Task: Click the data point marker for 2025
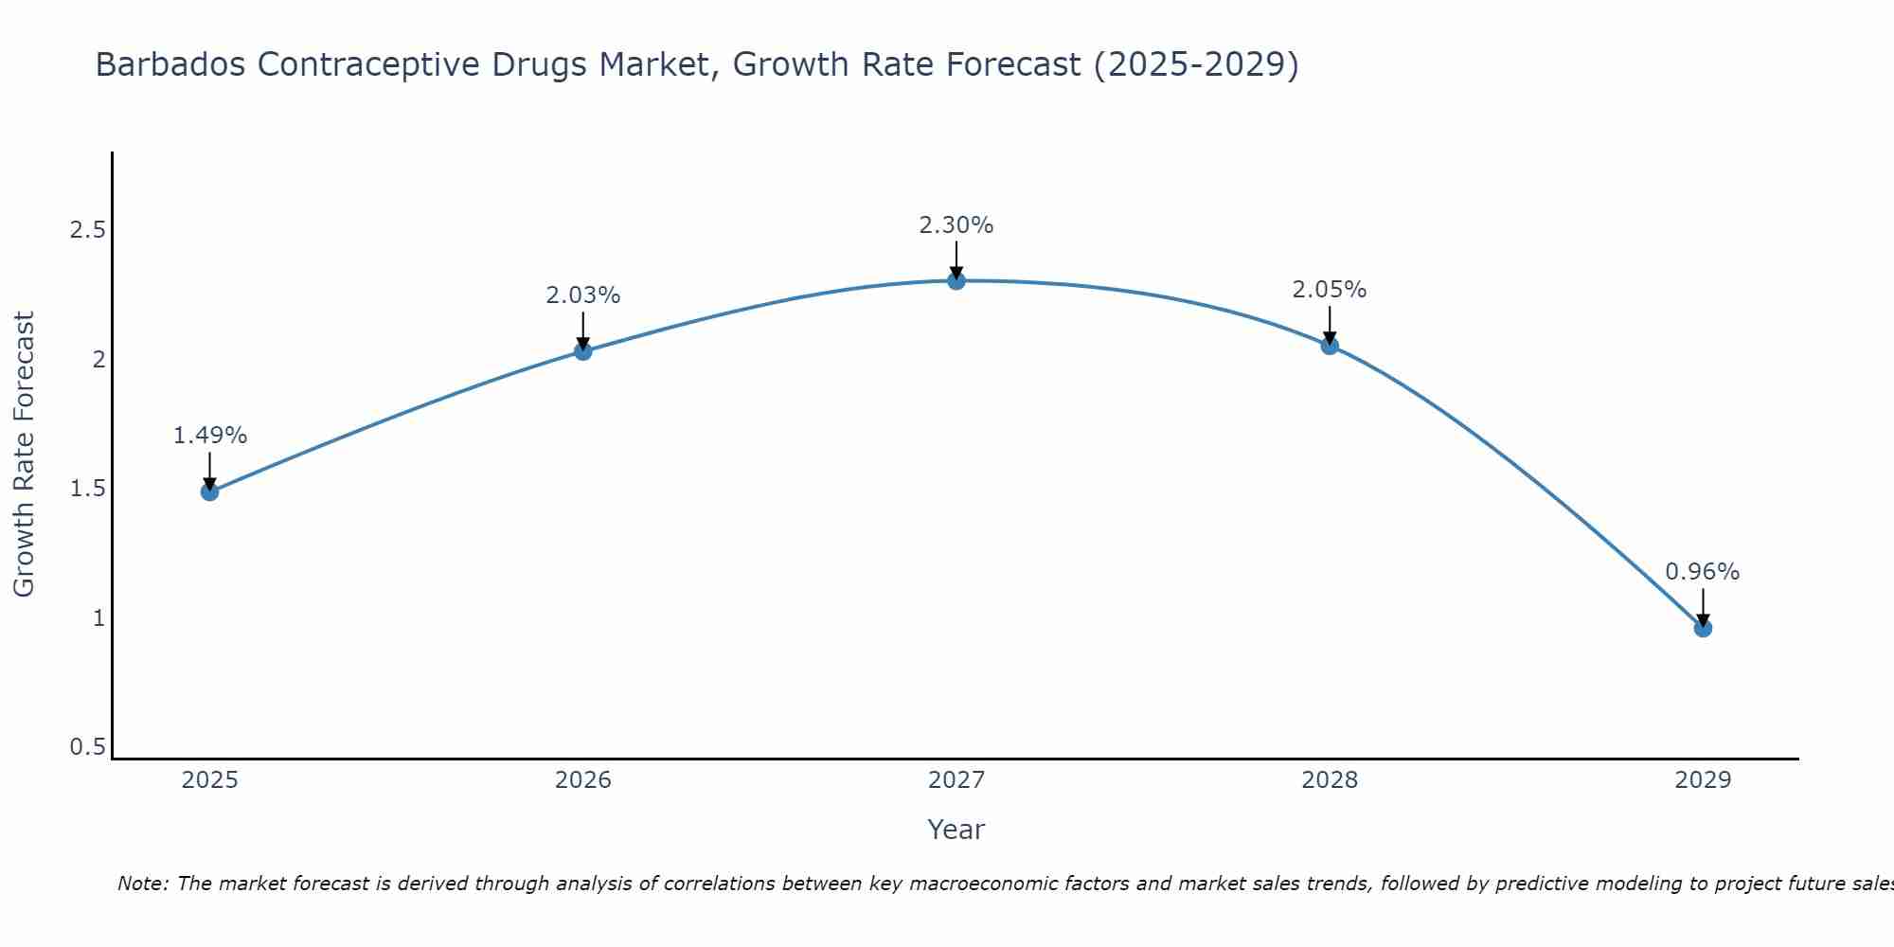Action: click(x=210, y=491)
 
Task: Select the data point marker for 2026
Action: click(x=583, y=351)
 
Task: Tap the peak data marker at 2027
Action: click(x=956, y=280)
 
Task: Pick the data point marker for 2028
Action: click(x=1330, y=346)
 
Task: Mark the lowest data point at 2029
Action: click(x=1703, y=628)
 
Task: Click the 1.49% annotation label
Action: click(x=210, y=436)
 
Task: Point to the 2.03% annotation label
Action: click(x=583, y=295)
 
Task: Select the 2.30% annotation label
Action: click(x=956, y=225)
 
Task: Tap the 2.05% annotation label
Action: click(x=1330, y=290)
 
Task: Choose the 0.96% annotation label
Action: click(x=1703, y=572)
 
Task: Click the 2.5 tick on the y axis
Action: click(x=87, y=230)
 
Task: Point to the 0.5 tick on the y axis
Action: click(x=87, y=747)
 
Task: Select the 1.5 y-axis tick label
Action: click(x=87, y=489)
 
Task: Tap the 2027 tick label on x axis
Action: click(x=956, y=780)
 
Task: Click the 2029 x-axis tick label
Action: click(x=1703, y=780)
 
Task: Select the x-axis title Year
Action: click(x=956, y=830)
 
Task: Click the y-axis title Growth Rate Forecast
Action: click(x=25, y=455)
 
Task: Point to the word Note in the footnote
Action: click(x=142, y=884)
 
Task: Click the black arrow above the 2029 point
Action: click(x=1703, y=606)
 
